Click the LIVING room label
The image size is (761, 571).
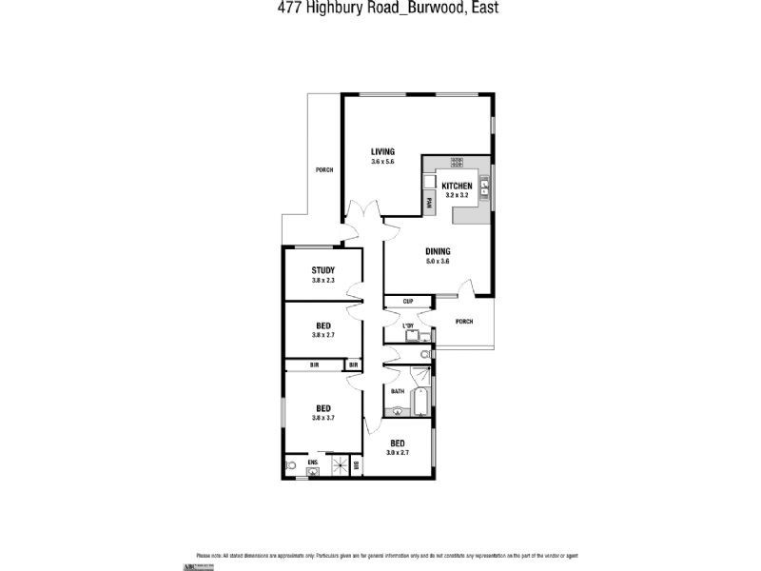tap(382, 152)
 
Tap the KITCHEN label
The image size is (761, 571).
tap(458, 185)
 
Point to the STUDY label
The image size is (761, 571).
tap(322, 270)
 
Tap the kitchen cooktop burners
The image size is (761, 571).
tap(457, 162)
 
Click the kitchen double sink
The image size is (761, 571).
tap(484, 186)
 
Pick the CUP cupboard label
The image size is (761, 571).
tap(407, 302)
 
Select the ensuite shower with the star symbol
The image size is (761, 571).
tap(336, 465)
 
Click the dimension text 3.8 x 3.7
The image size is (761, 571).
tap(323, 418)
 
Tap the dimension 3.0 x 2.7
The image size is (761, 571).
tap(398, 452)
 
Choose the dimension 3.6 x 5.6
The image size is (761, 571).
tap(382, 162)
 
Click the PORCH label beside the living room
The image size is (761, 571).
tap(324, 169)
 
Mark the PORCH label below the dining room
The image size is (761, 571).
tap(464, 321)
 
